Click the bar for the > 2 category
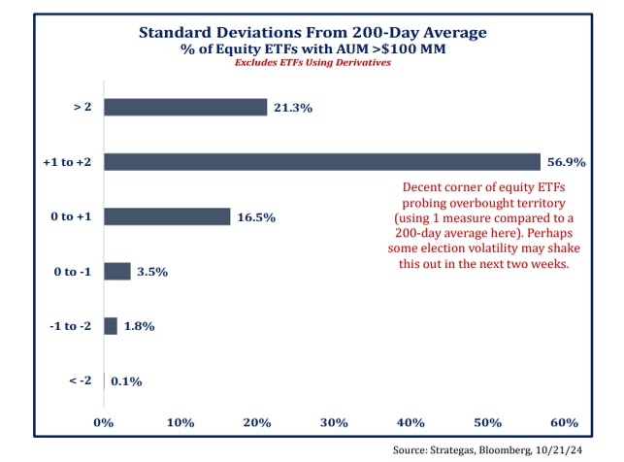[x=184, y=107]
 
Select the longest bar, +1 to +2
[x=321, y=162]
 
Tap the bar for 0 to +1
[x=166, y=216]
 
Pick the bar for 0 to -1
[x=116, y=272]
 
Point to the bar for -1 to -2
[x=110, y=326]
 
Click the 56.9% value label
[x=566, y=163]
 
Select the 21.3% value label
[x=292, y=108]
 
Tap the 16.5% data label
[x=255, y=217]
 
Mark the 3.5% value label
[x=153, y=273]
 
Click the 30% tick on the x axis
[x=334, y=422]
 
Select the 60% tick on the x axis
[x=564, y=422]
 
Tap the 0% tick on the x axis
[x=103, y=422]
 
